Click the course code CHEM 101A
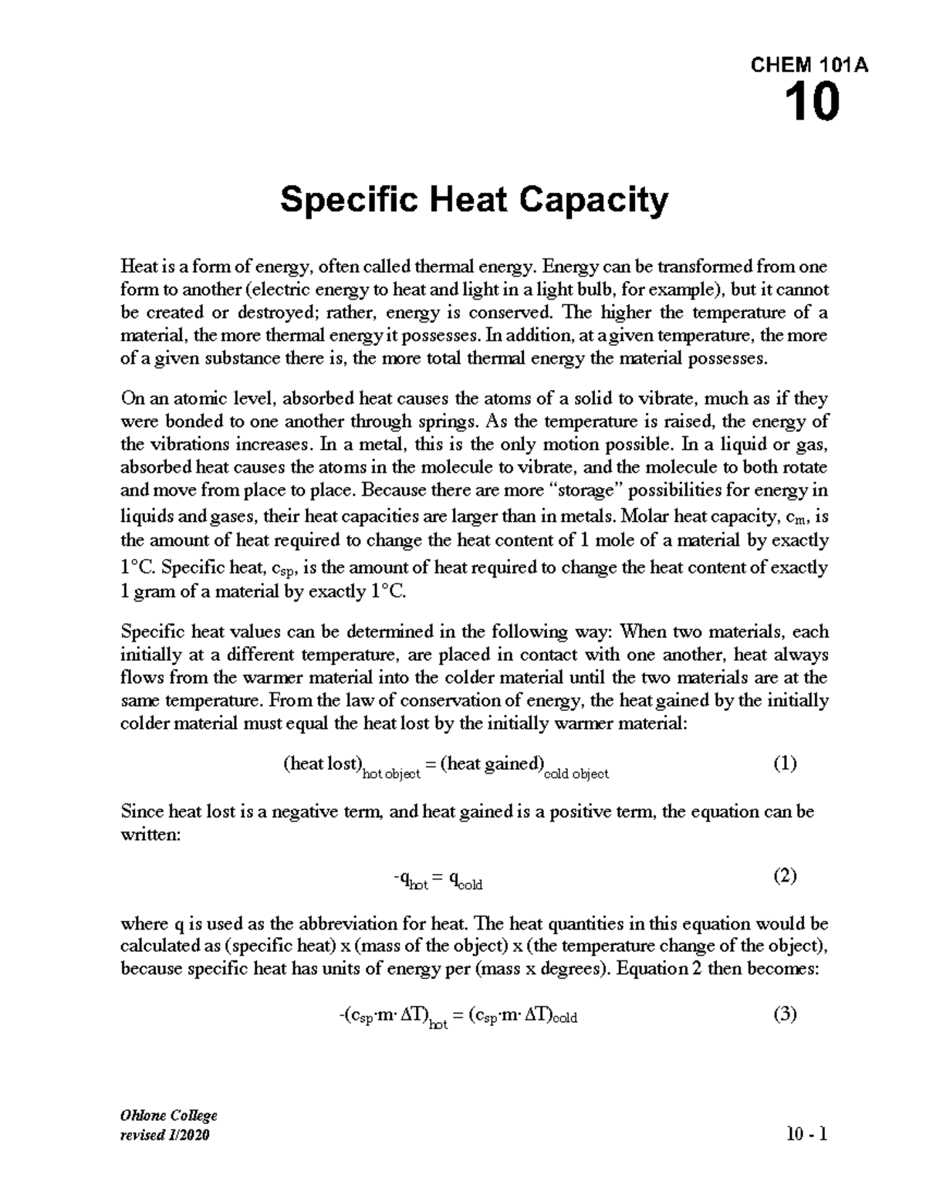tap(809, 66)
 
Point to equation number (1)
tap(784, 764)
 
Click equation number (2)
tap(784, 876)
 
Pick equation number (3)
tap(784, 1014)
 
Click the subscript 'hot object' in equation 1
tap(391, 774)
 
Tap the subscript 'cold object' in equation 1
tap(576, 774)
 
